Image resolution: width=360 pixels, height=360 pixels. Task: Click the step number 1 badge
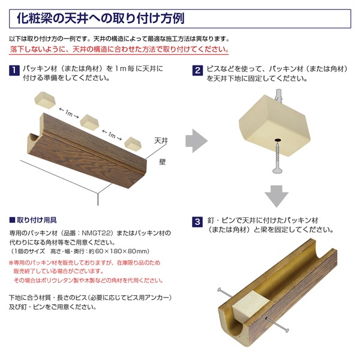(x=14, y=70)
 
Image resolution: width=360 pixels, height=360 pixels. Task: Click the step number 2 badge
(x=197, y=70)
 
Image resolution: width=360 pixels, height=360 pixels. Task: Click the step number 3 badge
(x=197, y=222)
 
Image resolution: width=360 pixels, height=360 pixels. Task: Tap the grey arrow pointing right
(x=197, y=141)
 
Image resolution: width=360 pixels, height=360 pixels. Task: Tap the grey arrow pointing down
(x=277, y=196)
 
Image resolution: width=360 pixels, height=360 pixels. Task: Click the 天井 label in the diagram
(x=161, y=140)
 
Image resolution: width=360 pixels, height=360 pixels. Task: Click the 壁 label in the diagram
(x=163, y=162)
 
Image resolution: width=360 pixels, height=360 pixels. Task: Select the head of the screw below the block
(x=278, y=170)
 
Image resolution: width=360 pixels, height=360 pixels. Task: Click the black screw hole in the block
(x=278, y=139)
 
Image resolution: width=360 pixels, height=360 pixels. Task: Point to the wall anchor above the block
(x=278, y=96)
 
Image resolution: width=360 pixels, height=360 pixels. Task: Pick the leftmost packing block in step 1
(x=45, y=100)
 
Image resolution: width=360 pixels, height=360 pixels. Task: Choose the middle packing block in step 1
(x=89, y=122)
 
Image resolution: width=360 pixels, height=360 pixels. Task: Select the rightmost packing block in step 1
(x=133, y=144)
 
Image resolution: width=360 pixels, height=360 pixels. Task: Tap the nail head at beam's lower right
(x=287, y=331)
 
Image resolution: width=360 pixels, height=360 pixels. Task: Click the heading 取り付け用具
(x=37, y=220)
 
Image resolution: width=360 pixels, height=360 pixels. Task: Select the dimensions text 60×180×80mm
(x=121, y=251)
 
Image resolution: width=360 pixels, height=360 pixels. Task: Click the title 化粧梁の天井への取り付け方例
(x=101, y=19)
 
